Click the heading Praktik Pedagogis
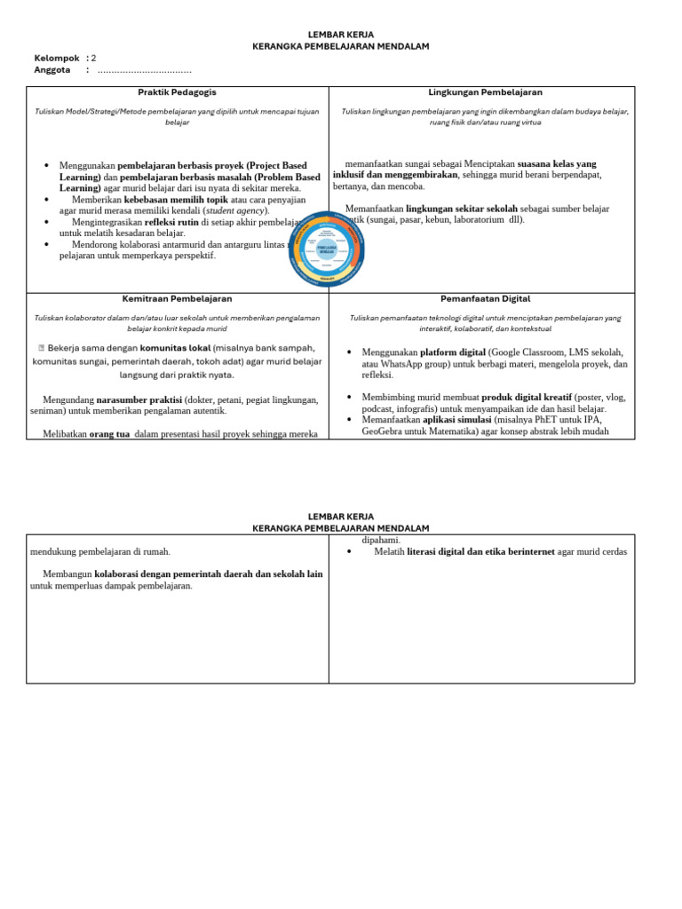tap(177, 92)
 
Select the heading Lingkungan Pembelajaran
tap(485, 92)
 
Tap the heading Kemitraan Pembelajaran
tap(177, 299)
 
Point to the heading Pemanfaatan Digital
tap(485, 299)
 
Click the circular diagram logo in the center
tap(327, 249)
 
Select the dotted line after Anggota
tap(144, 70)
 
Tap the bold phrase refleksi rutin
tap(171, 223)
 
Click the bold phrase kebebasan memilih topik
tap(176, 200)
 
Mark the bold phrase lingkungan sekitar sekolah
tap(462, 209)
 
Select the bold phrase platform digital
tap(452, 352)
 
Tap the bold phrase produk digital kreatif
tap(527, 397)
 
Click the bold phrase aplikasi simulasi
tap(456, 419)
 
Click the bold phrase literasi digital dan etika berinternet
tap(480, 551)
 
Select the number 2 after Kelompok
tap(94, 58)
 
